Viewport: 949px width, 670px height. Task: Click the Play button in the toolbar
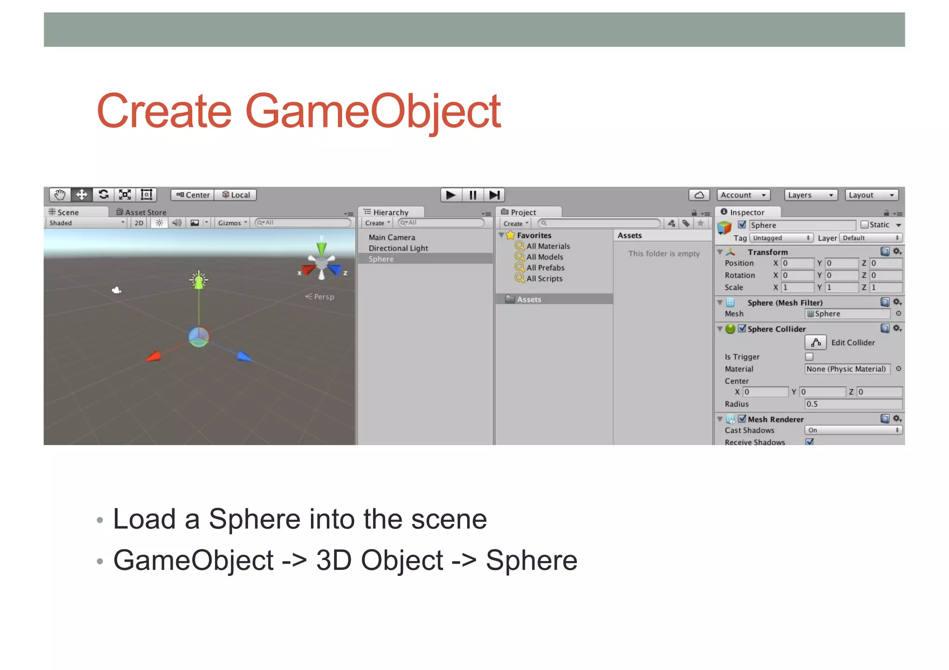[450, 195]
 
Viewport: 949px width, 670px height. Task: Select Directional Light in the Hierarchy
[398, 248]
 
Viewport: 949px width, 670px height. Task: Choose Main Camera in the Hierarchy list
[392, 238]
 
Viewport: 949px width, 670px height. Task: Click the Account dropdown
[743, 195]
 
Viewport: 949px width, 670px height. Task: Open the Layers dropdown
[810, 195]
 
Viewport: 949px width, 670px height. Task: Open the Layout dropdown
[871, 195]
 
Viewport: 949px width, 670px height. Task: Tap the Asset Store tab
[141, 212]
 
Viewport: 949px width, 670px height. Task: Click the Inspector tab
[747, 212]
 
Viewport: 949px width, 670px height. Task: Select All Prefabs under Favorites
[545, 268]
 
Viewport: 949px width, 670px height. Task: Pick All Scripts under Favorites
[544, 279]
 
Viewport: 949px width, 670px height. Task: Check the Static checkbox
[864, 225]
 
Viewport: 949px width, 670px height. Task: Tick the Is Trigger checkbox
[809, 357]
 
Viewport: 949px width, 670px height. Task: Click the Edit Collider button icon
[816, 343]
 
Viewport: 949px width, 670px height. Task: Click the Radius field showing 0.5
[853, 404]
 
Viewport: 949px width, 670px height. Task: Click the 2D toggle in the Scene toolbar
[139, 223]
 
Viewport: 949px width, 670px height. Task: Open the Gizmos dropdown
[232, 223]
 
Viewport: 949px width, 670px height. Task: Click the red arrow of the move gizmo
[153, 356]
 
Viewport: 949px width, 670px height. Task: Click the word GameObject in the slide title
[373, 111]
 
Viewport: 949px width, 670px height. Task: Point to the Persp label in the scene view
[323, 297]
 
